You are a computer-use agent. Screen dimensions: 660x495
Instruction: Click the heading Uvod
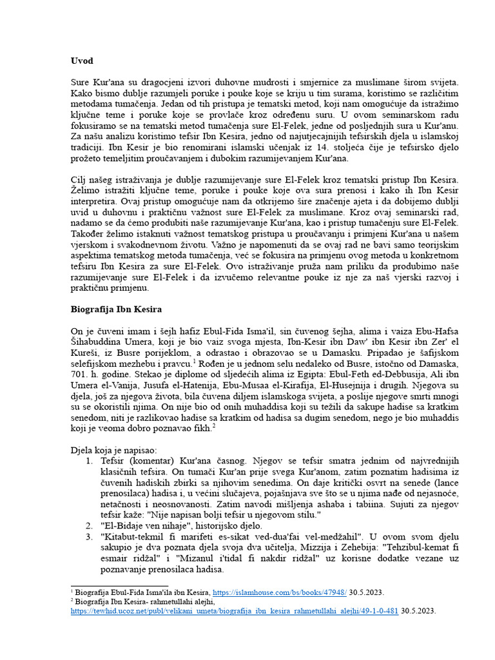(x=82, y=61)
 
